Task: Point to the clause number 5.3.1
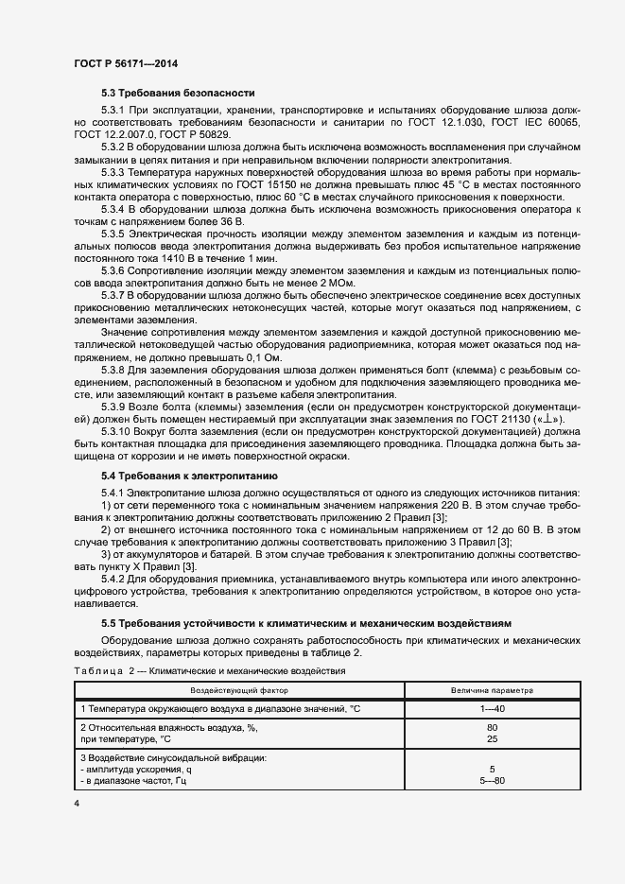coord(113,112)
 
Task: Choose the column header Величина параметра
coord(492,690)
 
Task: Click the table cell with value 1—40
coord(492,708)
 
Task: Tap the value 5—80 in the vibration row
coord(492,781)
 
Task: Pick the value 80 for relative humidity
coord(492,727)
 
